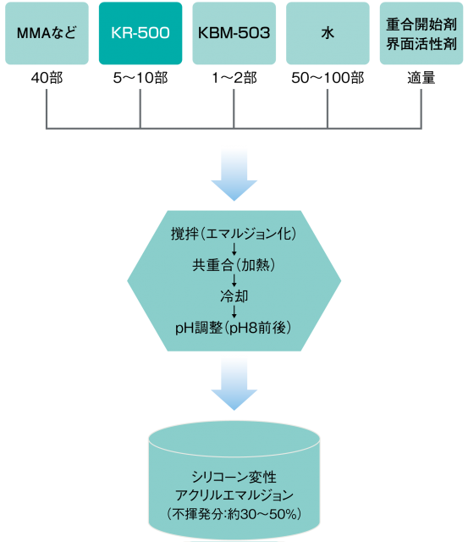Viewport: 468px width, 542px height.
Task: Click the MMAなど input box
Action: (x=47, y=34)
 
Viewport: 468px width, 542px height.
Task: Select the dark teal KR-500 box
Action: (x=140, y=34)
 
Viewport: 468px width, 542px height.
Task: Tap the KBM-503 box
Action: (x=234, y=34)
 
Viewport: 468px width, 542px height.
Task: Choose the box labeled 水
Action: (x=328, y=34)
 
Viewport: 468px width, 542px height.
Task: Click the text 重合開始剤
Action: (x=421, y=25)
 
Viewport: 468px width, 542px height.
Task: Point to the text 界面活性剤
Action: (x=421, y=43)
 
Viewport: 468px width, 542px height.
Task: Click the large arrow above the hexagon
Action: (x=234, y=173)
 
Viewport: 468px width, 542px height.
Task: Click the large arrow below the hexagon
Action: (x=234, y=383)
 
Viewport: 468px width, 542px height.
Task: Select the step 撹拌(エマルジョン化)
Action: (x=234, y=234)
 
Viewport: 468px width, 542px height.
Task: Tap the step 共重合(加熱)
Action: (x=234, y=265)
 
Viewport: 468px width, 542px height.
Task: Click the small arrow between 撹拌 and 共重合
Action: (x=234, y=250)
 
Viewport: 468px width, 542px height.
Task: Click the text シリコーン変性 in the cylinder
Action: (x=234, y=477)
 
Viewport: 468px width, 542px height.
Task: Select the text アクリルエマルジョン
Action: (x=234, y=495)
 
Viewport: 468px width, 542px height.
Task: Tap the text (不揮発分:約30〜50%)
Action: (x=234, y=513)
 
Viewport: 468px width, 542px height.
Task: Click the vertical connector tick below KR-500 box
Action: (x=140, y=110)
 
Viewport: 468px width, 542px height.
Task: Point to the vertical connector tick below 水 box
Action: (x=328, y=110)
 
